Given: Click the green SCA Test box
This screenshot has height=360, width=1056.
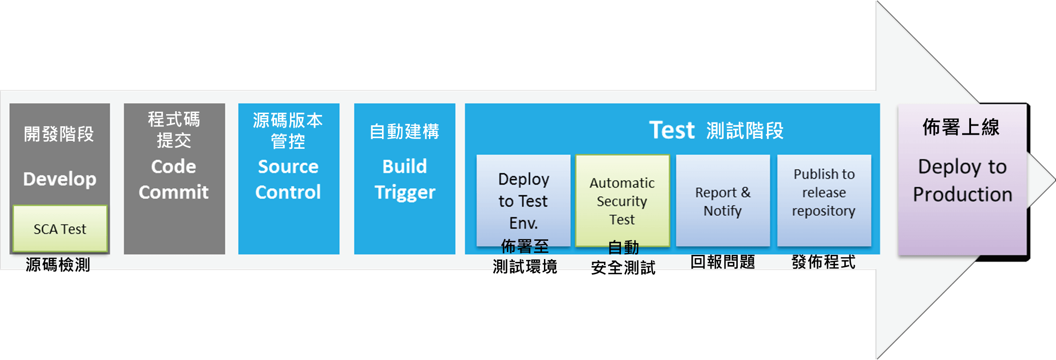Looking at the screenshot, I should pos(60,229).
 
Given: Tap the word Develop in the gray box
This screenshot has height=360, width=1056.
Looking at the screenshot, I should pos(60,179).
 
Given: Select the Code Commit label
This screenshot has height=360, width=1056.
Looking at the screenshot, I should pos(174,179).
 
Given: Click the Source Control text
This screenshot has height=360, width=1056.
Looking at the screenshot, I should pos(288,179).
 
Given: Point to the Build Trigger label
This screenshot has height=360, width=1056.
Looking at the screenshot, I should pos(405,179).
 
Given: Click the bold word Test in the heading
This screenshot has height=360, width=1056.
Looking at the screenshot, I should pos(672,130).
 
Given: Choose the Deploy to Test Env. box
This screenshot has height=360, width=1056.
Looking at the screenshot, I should pos(523,200).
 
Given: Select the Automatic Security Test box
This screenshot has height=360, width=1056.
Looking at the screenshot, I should pos(622,200).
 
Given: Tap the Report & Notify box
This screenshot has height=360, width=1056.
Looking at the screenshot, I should pos(723,201).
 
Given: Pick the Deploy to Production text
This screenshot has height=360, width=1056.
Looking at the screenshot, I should pos(962,181).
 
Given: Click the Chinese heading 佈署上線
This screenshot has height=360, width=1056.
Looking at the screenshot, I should pos(961,127).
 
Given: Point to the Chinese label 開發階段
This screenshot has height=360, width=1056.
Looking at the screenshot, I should pos(59,134).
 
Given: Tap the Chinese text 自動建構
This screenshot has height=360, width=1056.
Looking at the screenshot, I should pos(405,131).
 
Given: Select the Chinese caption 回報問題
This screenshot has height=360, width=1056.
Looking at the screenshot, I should pos(723,262).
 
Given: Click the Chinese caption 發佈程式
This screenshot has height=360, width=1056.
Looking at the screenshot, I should pos(824,262).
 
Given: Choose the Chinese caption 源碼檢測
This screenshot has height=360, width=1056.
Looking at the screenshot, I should pos(58,264).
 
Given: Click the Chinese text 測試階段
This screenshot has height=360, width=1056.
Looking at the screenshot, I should pos(745,130).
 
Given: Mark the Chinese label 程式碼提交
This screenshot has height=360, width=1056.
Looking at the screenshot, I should pos(174,130).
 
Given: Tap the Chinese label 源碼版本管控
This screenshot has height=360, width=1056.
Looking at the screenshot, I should pos(288,130).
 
